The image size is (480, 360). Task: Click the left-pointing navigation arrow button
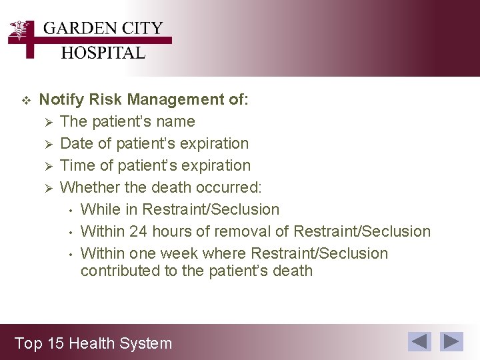[x=419, y=341]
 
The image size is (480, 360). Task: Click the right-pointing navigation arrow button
[x=453, y=341]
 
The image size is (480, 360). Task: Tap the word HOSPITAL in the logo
[x=103, y=53]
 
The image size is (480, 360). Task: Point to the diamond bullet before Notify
[x=27, y=101]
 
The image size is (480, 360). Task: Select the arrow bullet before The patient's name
[x=47, y=122]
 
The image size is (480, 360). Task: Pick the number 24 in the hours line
[x=138, y=231]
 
